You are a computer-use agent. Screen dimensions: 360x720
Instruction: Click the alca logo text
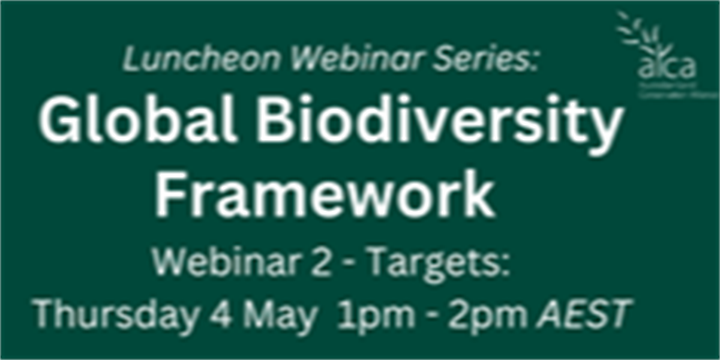[x=667, y=67]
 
